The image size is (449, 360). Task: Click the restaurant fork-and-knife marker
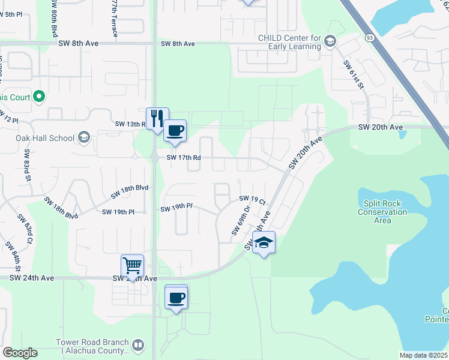(x=157, y=118)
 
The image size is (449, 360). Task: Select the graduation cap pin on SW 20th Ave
(x=264, y=242)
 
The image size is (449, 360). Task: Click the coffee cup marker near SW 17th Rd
(x=175, y=131)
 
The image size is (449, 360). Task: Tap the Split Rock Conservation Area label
(x=382, y=212)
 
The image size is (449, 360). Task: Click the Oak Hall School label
(x=45, y=138)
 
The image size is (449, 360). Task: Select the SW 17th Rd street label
(x=184, y=158)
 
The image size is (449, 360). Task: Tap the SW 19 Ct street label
(x=252, y=199)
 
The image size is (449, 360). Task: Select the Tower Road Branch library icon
(x=138, y=346)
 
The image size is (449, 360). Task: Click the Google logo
(x=20, y=353)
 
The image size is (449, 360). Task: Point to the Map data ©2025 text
(x=423, y=355)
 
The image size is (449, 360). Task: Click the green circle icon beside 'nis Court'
(x=39, y=95)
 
